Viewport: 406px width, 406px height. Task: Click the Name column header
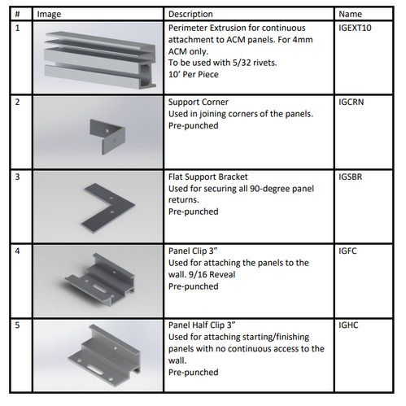click(350, 14)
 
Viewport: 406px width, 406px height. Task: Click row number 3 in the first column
click(17, 176)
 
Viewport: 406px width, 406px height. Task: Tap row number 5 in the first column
click(17, 325)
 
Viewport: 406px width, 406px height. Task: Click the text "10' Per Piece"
click(195, 73)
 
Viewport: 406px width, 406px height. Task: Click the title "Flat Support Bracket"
click(207, 176)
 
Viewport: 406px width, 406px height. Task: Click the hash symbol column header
click(17, 14)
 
